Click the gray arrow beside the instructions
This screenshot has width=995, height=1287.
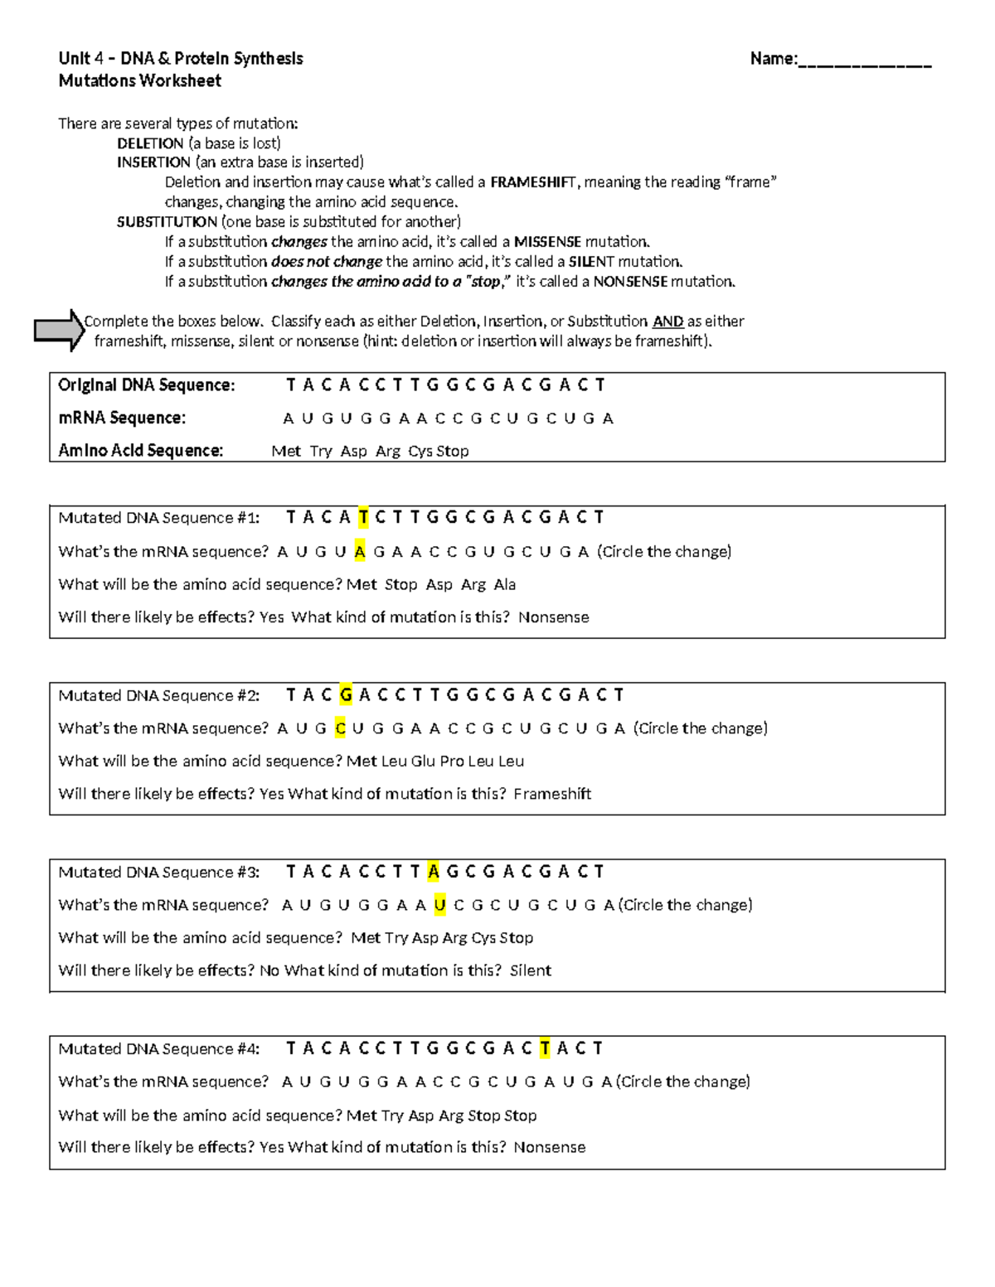[59, 330]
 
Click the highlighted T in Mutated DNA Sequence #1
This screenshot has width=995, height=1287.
[363, 518]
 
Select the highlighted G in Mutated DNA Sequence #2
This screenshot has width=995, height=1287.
[346, 694]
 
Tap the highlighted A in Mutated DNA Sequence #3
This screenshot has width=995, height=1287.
[433, 871]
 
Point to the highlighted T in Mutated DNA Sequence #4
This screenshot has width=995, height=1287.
[544, 1048]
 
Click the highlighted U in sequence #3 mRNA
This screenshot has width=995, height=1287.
[439, 905]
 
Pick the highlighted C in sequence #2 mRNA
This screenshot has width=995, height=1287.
[340, 728]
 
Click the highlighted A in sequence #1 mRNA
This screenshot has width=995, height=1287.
[359, 552]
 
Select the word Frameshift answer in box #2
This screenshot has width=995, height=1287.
[552, 794]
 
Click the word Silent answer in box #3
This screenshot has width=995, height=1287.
[531, 970]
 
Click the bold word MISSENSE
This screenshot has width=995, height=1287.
[547, 242]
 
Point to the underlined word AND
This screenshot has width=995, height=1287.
[667, 322]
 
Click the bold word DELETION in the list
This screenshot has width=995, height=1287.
[150, 143]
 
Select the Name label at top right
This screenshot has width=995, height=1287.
[774, 59]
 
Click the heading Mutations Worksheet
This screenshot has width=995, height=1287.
[139, 80]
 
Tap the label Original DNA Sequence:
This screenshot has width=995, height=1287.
[147, 385]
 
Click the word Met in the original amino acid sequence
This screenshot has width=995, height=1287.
[286, 451]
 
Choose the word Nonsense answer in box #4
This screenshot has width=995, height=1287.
[549, 1148]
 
